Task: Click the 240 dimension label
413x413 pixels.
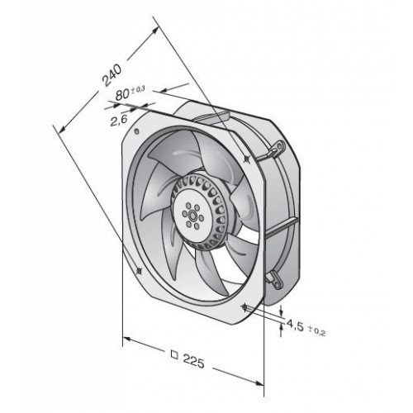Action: coord(112,75)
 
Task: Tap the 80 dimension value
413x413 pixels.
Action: coord(122,94)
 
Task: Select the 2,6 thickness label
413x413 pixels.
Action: coord(119,121)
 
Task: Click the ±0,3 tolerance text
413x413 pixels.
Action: coord(138,90)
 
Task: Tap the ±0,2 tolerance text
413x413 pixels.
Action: coord(317,330)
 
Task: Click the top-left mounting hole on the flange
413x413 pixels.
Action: coord(135,131)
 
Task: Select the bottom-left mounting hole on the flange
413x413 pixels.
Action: coord(139,271)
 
